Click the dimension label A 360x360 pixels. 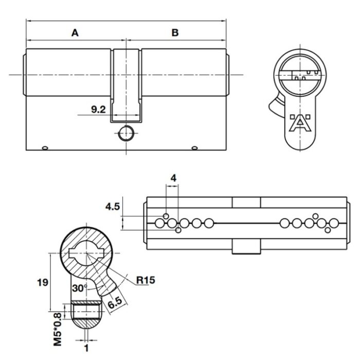tap(75, 33)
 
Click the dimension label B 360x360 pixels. tap(175, 33)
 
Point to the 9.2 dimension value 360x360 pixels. tap(98, 109)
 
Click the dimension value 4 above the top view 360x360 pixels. tap(173, 178)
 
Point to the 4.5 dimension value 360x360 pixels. tap(113, 207)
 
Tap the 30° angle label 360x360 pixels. tap(78, 288)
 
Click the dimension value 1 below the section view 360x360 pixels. tap(86, 348)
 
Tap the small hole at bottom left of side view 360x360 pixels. tap(45, 149)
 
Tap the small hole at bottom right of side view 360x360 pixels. tap(194, 149)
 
